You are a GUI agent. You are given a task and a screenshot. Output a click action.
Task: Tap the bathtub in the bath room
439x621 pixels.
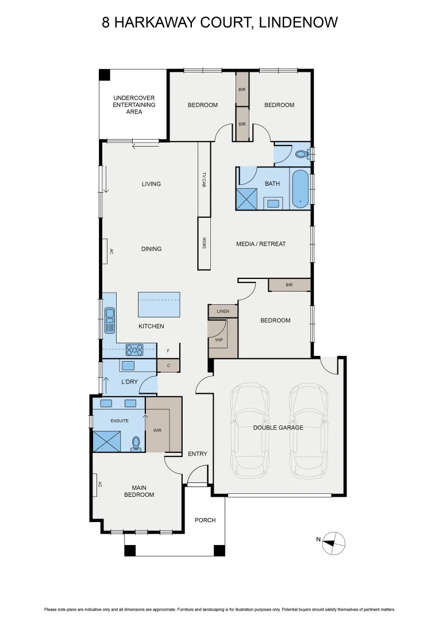coord(299,189)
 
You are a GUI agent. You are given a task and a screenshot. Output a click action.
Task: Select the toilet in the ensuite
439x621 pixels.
coord(136,443)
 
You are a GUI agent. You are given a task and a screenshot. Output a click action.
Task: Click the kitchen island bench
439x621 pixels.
coord(159,304)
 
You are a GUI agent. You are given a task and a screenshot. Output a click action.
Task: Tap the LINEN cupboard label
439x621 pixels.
coord(223,311)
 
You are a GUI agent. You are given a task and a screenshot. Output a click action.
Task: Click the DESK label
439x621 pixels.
coord(204,243)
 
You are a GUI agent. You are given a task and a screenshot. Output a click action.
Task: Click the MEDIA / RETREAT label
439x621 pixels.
coord(261,244)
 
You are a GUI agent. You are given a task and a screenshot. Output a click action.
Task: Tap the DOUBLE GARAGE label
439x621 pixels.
coord(278,427)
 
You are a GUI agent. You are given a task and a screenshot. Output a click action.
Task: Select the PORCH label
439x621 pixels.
coord(205,520)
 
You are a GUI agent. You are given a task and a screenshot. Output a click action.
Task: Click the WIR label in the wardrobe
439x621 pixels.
coord(157,430)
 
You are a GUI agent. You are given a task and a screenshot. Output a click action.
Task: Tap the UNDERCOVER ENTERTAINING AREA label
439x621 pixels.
coord(134,105)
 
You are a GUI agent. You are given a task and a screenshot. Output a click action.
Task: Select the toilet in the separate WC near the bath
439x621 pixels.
coord(301,154)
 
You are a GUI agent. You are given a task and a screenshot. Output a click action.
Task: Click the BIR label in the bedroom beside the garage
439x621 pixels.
coord(289,285)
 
